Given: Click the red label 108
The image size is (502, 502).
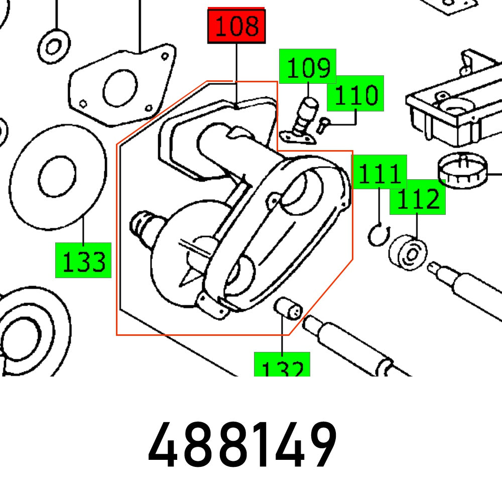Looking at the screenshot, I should click(x=236, y=26).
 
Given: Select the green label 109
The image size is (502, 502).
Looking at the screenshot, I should click(x=308, y=66).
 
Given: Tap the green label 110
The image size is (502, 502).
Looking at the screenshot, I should click(x=355, y=94).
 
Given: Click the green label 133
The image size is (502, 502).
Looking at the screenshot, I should click(x=83, y=261).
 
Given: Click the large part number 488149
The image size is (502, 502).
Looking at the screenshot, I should click(x=242, y=446).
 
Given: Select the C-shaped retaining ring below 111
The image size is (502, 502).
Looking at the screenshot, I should click(x=375, y=235).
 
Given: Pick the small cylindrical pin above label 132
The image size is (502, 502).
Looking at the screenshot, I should click(x=288, y=308).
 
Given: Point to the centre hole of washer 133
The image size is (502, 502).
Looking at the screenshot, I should click(x=57, y=177).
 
